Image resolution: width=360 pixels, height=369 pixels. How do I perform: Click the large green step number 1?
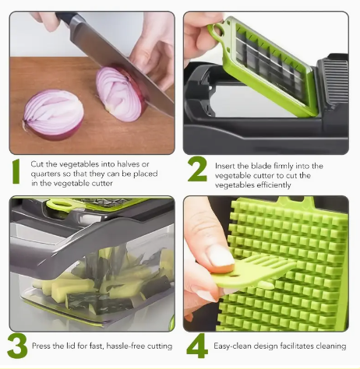16,171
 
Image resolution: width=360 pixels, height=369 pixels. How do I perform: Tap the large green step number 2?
197,168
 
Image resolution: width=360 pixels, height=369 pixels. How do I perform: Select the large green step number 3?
17,346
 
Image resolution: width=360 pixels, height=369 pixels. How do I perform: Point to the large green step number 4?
197,346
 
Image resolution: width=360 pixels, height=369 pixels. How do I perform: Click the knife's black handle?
65,18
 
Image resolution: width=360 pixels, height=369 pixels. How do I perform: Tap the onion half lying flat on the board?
53,114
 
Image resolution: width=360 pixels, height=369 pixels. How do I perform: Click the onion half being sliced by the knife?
120,94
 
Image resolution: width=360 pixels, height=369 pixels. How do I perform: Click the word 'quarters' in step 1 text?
45,174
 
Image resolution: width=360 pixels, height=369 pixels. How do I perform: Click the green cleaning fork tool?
253,270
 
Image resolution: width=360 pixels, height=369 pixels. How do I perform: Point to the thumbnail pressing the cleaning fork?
221,258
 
